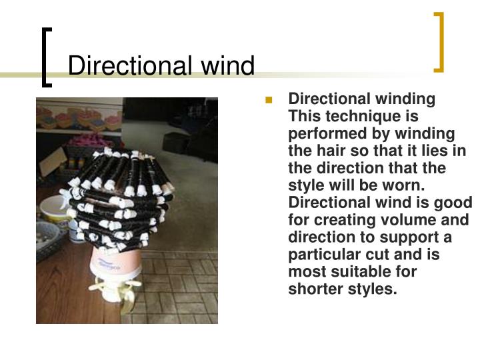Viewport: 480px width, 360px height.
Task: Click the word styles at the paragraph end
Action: coord(371,289)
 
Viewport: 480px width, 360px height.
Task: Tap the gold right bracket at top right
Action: coord(439,41)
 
